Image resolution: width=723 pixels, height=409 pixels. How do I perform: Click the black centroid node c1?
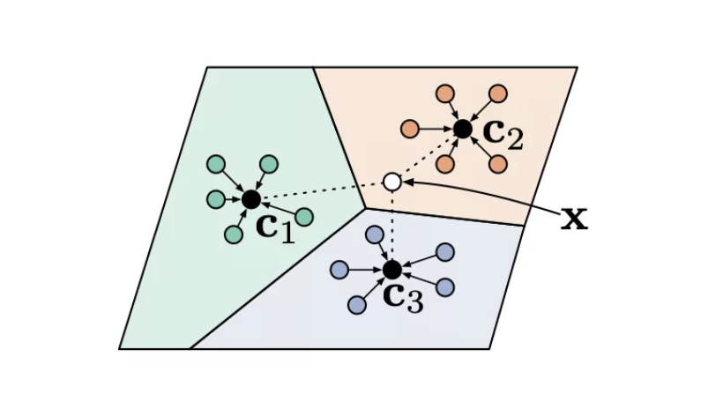(x=251, y=199)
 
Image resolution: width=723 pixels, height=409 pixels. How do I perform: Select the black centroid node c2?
(x=463, y=129)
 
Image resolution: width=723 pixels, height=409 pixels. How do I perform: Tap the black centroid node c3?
(x=392, y=269)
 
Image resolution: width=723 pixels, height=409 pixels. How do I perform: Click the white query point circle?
(x=392, y=182)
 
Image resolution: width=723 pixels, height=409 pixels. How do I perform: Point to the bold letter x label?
(x=574, y=218)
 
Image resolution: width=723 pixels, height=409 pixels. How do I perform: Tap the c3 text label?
(x=404, y=297)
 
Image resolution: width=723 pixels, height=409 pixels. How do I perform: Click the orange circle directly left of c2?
(x=410, y=129)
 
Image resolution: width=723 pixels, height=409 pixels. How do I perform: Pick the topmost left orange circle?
(x=445, y=93)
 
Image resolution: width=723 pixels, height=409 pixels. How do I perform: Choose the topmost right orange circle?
(x=498, y=93)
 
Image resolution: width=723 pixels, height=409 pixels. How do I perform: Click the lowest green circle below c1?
(x=234, y=234)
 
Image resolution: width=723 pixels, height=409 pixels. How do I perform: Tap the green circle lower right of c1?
(x=304, y=217)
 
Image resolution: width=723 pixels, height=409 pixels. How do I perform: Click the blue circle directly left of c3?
(x=339, y=269)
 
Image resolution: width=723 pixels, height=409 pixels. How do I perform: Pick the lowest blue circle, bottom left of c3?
(x=357, y=304)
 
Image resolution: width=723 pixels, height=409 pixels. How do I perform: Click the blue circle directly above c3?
(x=375, y=234)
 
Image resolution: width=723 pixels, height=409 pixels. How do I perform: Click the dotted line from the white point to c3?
(x=392, y=225)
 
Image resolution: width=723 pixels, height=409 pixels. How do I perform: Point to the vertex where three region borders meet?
(x=365, y=208)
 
